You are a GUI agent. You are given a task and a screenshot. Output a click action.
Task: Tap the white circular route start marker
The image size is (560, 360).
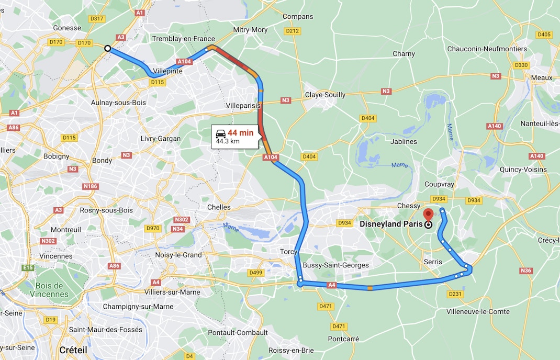pos(107,48)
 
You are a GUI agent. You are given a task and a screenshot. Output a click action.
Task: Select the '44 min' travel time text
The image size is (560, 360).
pos(240,133)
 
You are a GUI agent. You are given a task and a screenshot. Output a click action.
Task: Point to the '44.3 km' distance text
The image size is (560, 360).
pos(228,141)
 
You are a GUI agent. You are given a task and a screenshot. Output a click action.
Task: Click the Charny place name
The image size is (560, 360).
pos(404,53)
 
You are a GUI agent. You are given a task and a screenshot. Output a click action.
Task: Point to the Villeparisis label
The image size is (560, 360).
pos(243,105)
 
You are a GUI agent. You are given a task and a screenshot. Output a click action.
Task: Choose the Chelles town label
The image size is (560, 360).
pos(219,207)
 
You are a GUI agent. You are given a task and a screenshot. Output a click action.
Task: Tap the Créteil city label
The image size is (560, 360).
pos(73,350)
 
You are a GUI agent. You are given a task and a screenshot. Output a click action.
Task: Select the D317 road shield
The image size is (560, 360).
pos(97,18)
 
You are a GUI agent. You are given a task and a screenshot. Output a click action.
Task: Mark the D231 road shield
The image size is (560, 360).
pos(455,294)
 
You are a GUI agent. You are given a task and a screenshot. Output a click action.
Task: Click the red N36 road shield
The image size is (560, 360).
pos(526,271)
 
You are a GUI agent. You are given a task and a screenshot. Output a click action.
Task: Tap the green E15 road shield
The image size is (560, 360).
pos(28,267)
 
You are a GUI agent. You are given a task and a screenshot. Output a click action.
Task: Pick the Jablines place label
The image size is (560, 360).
pos(404,141)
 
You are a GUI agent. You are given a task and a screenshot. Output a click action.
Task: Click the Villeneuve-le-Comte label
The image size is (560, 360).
pos(478,311)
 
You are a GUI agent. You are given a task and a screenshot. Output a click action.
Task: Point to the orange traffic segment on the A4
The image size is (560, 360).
pos(370,288)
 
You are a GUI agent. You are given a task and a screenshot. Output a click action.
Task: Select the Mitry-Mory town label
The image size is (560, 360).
pos(250,30)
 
